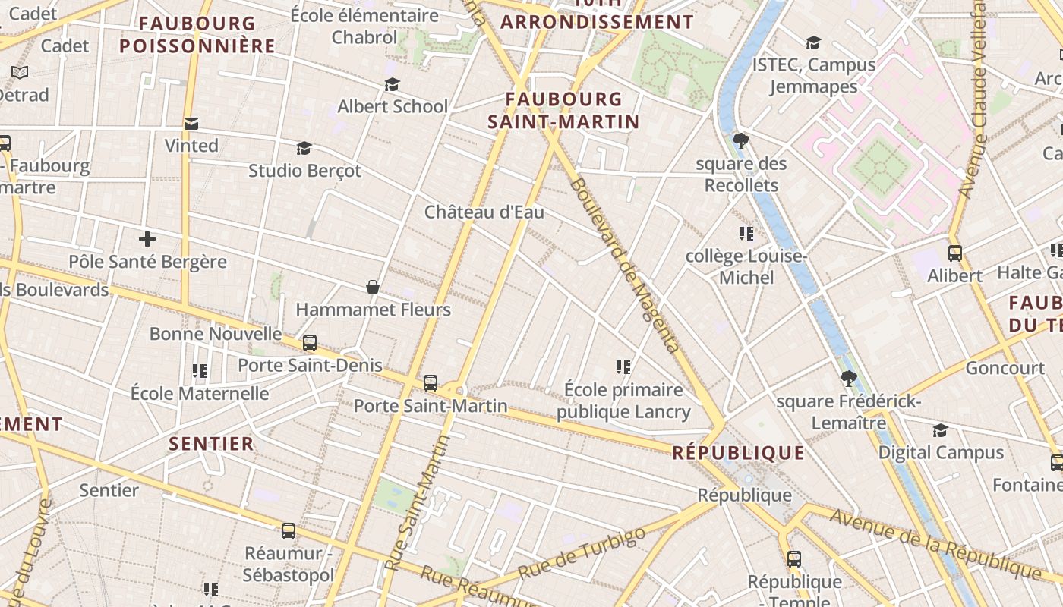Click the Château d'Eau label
click(484, 212)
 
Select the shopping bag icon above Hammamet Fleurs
click(373, 287)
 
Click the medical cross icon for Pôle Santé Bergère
click(147, 239)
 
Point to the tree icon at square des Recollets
click(741, 140)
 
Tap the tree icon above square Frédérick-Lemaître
click(849, 378)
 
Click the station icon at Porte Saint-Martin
click(431, 383)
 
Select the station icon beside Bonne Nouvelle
click(309, 343)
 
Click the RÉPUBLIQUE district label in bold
click(738, 453)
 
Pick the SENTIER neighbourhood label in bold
click(211, 444)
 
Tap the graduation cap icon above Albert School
click(392, 84)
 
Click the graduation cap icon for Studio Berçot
click(304, 148)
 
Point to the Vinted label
click(191, 145)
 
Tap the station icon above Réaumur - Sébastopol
click(289, 531)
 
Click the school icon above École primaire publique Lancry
click(623, 367)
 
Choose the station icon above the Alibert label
click(955, 253)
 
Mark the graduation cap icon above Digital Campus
click(940, 430)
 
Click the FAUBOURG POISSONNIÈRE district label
click(197, 35)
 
